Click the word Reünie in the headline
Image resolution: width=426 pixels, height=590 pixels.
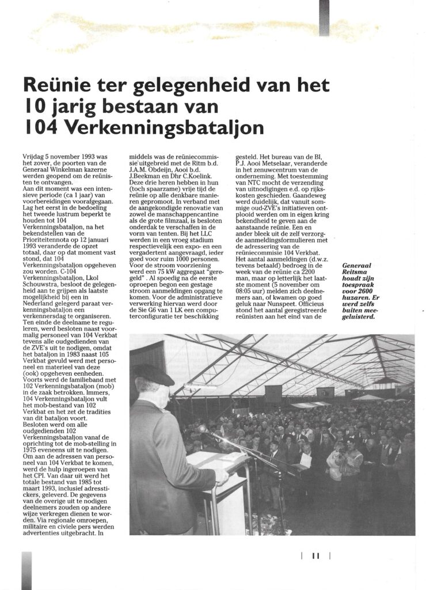(x=56, y=88)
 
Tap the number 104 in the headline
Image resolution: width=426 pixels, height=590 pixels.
(x=37, y=126)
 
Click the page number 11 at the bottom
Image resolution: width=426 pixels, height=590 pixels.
(x=315, y=555)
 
